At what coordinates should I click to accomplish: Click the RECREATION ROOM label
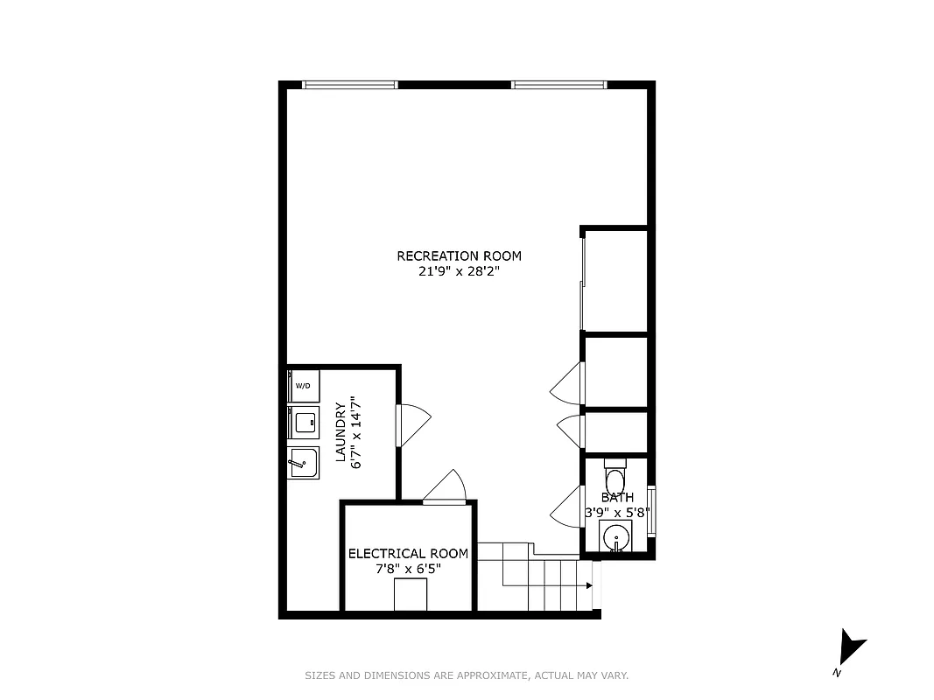(x=459, y=256)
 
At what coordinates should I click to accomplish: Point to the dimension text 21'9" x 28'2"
(x=459, y=272)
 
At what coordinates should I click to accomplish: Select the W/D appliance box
(x=303, y=385)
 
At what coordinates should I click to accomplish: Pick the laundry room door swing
(x=413, y=425)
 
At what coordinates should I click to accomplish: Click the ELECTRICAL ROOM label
(x=408, y=554)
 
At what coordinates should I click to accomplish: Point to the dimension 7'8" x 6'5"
(x=408, y=569)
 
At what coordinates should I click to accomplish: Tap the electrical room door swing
(x=446, y=488)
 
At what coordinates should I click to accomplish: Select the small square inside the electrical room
(x=410, y=595)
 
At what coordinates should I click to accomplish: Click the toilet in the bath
(x=615, y=478)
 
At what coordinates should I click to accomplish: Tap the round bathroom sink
(x=616, y=535)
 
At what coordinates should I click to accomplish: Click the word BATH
(x=616, y=498)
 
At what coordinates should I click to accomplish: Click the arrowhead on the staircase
(x=589, y=585)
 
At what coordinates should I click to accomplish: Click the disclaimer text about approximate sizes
(x=467, y=675)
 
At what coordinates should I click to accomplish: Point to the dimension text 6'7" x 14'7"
(x=356, y=432)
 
